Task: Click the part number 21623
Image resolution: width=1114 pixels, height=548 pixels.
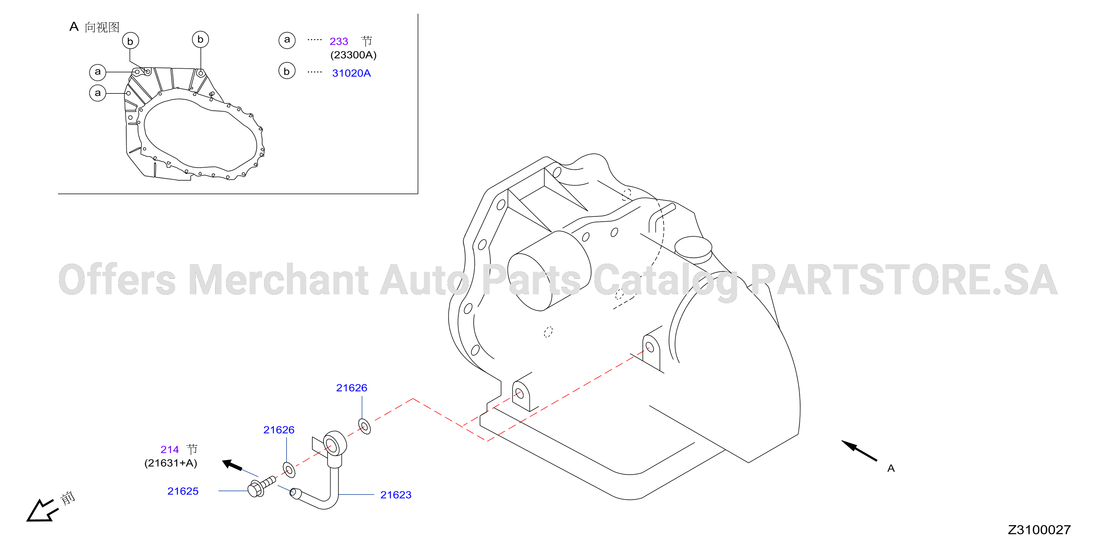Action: [x=396, y=495]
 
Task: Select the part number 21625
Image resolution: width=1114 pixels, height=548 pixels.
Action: [x=183, y=492]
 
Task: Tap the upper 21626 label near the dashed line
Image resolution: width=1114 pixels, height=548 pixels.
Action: [x=352, y=388]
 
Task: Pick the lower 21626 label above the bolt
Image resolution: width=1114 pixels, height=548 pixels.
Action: [x=279, y=430]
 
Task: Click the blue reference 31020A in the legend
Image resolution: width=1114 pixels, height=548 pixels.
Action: [x=351, y=73]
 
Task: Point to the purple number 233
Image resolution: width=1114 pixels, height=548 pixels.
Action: [x=339, y=41]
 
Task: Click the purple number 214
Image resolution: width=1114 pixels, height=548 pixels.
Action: [x=169, y=450]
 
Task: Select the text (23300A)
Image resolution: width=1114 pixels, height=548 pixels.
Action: [x=353, y=55]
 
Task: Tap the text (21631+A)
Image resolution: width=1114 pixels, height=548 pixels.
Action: [x=171, y=463]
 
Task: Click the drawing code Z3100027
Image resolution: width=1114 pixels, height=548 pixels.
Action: [x=1039, y=530]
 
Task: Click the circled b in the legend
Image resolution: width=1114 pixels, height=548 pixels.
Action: [x=287, y=71]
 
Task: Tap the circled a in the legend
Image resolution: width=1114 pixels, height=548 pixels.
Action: [x=287, y=40]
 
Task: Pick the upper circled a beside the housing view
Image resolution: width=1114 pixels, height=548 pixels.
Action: [x=98, y=72]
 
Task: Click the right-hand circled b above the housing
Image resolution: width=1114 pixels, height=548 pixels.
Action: [x=200, y=40]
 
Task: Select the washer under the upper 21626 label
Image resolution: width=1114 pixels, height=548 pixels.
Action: [x=364, y=426]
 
